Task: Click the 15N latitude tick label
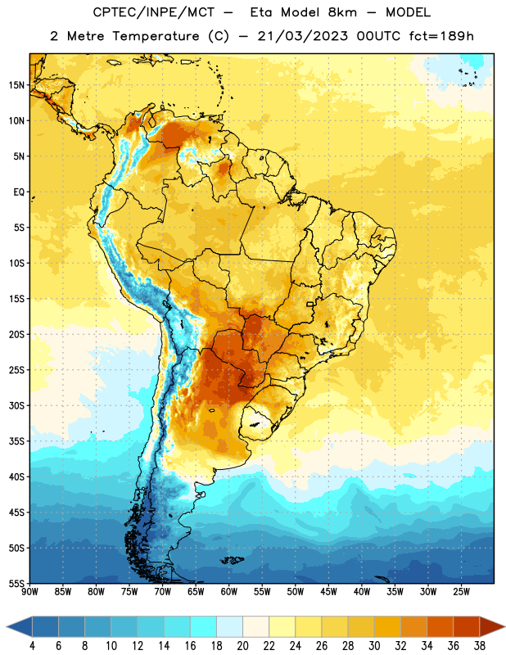click(x=16, y=85)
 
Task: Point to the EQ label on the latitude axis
click(x=19, y=192)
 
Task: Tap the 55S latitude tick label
click(x=16, y=583)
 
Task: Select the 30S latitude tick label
click(x=16, y=405)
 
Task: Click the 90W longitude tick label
click(x=29, y=592)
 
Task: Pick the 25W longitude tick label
click(x=461, y=592)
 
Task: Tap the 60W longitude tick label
click(x=229, y=592)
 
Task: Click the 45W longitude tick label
click(x=328, y=592)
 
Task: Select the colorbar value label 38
click(x=480, y=646)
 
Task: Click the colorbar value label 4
click(x=32, y=646)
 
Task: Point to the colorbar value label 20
click(x=242, y=646)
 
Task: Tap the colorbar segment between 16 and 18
click(x=204, y=626)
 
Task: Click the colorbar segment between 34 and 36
click(x=440, y=626)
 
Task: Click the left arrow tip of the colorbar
click(x=7, y=626)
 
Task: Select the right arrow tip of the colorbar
click(x=505, y=626)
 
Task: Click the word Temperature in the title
click(x=156, y=36)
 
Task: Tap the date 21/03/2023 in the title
click(x=302, y=36)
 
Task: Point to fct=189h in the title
click(x=441, y=36)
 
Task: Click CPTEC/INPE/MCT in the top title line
click(x=154, y=12)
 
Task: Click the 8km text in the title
click(x=342, y=12)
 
